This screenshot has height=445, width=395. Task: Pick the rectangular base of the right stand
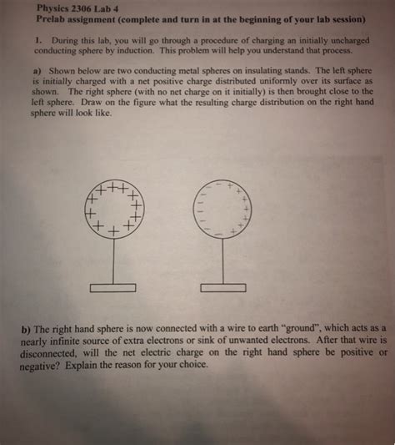[x=222, y=287]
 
